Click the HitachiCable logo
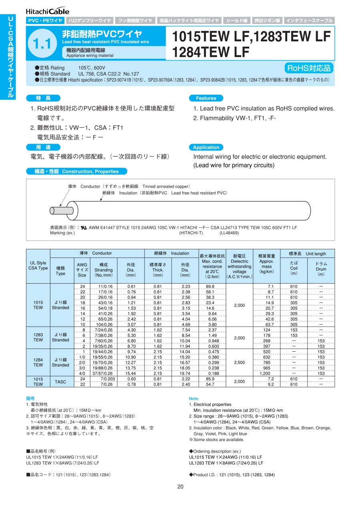pos(48,11)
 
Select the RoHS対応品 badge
pos(309,68)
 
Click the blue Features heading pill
pos(206,98)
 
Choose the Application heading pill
pos(206,147)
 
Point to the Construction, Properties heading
pos(76,171)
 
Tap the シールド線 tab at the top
pos(237,20)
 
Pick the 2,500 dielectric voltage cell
pos(239,362)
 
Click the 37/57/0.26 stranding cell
pos(104,373)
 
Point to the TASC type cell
pos(60,381)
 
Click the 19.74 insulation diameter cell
pos(185,373)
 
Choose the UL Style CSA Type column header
pos(38,265)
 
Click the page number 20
pos(180,487)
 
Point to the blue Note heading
pos(194,399)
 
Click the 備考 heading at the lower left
pos(30,399)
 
